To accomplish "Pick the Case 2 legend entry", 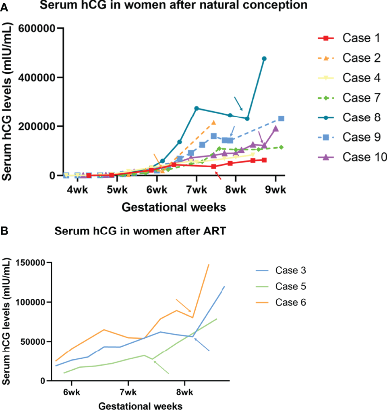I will pyautogui.click(x=361, y=58).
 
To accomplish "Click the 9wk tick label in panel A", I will pyautogui.click(x=275, y=189).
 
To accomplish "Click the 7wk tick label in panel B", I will pyautogui.click(x=128, y=391).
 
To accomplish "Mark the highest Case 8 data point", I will pyautogui.click(x=264, y=59).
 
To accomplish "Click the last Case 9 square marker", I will pyautogui.click(x=281, y=119).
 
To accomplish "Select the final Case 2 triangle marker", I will pyautogui.click(x=213, y=122).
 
